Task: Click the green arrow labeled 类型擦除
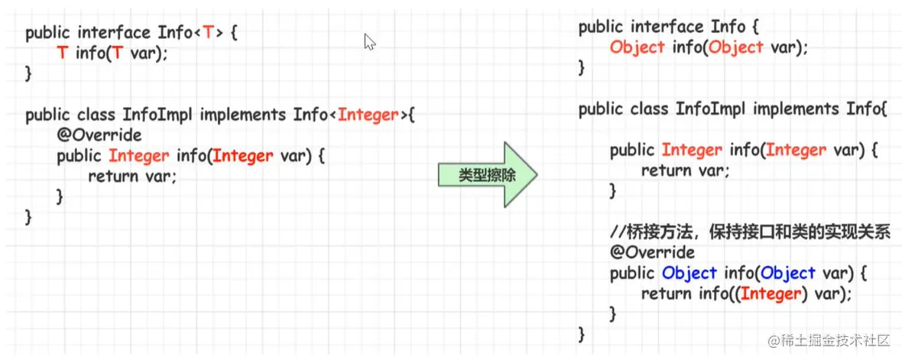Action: (x=486, y=175)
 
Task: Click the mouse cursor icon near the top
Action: (x=370, y=41)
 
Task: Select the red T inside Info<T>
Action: (x=207, y=33)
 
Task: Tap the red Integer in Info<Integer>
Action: (x=368, y=115)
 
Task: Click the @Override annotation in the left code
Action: (x=99, y=135)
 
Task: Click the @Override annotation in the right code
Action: (x=652, y=252)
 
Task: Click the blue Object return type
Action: (x=689, y=273)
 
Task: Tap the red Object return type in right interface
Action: (x=637, y=47)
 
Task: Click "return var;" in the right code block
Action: (x=685, y=170)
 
